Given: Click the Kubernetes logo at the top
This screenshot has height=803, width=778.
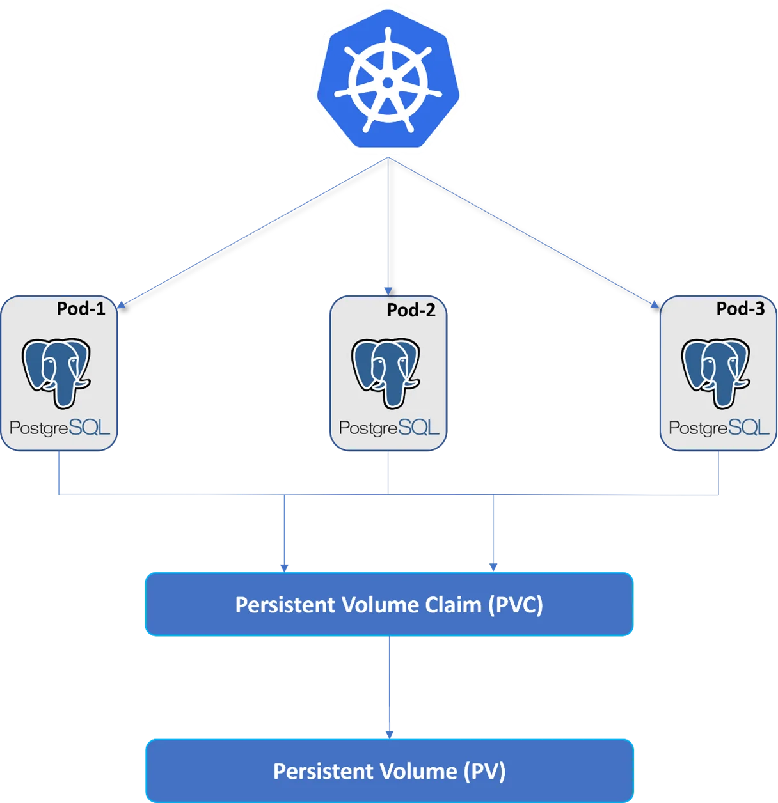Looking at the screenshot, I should pyautogui.click(x=388, y=82).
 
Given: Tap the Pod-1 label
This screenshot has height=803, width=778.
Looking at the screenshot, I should pyautogui.click(x=81, y=309).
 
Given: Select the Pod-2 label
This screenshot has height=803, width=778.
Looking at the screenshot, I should pyautogui.click(x=411, y=310).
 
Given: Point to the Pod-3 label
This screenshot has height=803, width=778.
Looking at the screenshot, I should pyautogui.click(x=740, y=309).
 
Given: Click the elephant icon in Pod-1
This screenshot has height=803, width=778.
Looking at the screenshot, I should pyautogui.click(x=56, y=373).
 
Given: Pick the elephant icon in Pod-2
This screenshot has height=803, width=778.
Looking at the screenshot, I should pyautogui.click(x=386, y=373).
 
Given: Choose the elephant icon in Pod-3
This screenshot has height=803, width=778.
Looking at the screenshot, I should pyautogui.click(x=716, y=373).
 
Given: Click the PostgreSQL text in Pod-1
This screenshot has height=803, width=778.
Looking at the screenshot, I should pyautogui.click(x=60, y=428).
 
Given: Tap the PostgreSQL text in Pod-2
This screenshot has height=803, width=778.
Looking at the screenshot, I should pyautogui.click(x=389, y=428).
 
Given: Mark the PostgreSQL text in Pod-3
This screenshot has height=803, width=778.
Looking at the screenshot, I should pyautogui.click(x=719, y=428).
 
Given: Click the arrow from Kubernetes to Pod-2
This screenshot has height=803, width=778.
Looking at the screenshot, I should pyautogui.click(x=387, y=227).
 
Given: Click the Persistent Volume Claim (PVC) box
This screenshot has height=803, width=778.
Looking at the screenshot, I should pyautogui.click(x=389, y=604).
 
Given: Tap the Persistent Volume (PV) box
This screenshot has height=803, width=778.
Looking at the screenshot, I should pyautogui.click(x=389, y=770).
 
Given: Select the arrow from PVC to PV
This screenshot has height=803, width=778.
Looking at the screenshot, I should pyautogui.click(x=389, y=687).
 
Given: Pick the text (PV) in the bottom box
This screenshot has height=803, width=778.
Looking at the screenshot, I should pyautogui.click(x=484, y=771).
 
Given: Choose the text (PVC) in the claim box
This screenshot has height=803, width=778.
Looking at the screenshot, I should pyautogui.click(x=516, y=605).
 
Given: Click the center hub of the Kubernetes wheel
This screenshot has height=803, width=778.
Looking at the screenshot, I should pyautogui.click(x=388, y=82).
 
